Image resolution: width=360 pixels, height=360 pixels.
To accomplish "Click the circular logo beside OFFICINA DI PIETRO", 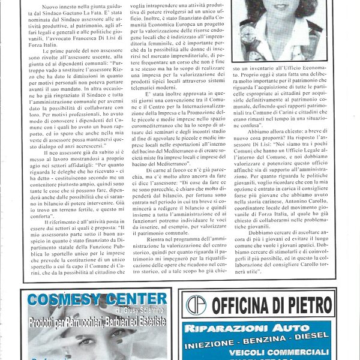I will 196,304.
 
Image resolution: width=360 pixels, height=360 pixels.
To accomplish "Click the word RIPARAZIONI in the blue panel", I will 226,328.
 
